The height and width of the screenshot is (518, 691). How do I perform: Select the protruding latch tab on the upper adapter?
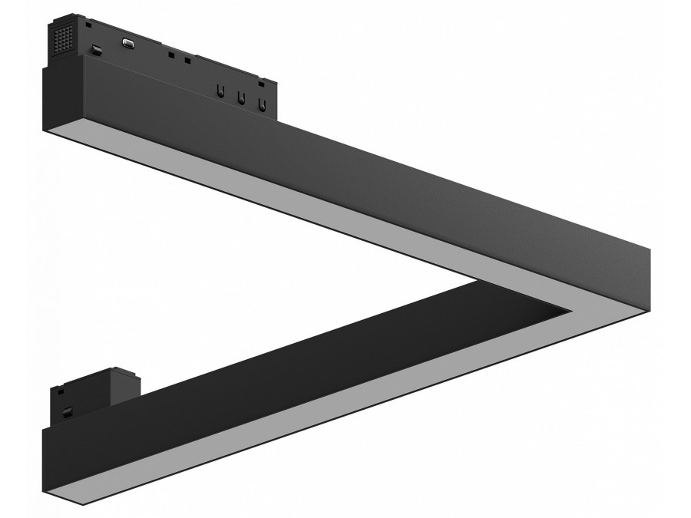[x=98, y=51]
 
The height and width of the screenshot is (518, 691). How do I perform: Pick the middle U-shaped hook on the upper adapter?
[x=240, y=97]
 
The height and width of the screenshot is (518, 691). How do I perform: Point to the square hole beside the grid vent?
[x=89, y=25]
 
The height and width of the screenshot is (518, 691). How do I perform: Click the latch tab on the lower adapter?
[x=68, y=411]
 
